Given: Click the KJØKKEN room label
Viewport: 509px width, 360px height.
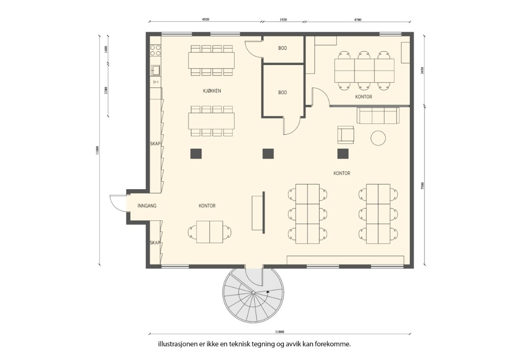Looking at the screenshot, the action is point(212,91).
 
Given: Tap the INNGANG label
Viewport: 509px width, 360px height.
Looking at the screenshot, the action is point(147,206).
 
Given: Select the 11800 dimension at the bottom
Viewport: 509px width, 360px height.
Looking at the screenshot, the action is point(280,332).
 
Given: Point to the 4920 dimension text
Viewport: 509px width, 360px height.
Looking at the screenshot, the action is point(205,20).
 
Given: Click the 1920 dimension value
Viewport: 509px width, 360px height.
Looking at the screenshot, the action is point(283,20).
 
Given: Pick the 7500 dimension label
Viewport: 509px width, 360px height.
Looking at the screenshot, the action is point(422,186).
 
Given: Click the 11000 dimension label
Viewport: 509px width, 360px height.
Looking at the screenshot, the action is point(98,150).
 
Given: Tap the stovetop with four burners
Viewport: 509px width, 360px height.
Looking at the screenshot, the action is point(155,51).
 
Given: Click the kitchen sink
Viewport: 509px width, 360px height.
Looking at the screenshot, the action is point(156,70).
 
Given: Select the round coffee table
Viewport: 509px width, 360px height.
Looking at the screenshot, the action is point(378,138).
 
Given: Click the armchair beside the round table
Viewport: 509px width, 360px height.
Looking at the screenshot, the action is point(345,135).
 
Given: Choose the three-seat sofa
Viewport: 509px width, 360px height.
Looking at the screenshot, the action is point(378,115).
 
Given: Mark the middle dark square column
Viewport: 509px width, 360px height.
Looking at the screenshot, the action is point(268,154).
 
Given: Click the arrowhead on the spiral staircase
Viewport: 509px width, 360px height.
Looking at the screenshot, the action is point(268,291).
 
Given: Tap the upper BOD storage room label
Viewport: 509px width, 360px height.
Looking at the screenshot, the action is point(282,48).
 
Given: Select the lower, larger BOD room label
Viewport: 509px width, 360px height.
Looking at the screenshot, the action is point(282,93).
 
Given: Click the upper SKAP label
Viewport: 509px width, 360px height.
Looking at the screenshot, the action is point(155,144).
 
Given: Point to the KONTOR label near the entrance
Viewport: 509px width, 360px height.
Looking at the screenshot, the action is point(207,206).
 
